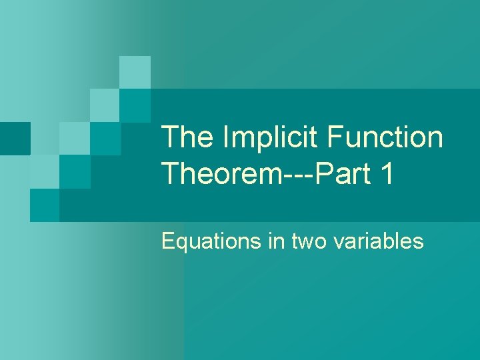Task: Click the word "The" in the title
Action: (x=187, y=137)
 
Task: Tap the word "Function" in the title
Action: (x=385, y=137)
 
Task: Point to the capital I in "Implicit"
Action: (x=226, y=137)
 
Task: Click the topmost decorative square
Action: (x=135, y=72)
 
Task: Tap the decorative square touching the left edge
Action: (x=15, y=139)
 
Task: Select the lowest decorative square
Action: (x=45, y=205)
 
